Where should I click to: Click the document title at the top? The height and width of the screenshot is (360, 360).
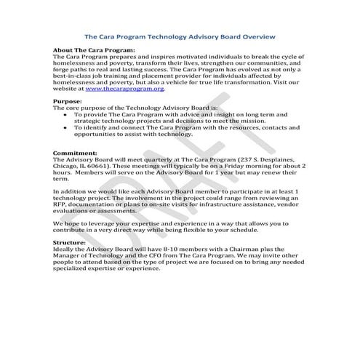(180, 35)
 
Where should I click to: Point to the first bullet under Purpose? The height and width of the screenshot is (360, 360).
(66, 114)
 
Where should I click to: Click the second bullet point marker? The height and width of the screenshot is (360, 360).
(66, 127)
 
